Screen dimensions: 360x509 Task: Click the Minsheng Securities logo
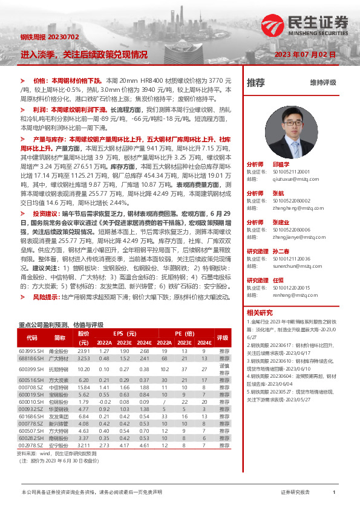(306, 25)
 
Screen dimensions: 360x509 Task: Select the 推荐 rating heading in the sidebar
(256, 82)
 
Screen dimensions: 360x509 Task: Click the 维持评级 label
(322, 82)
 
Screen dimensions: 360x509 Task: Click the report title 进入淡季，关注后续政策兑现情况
(83, 54)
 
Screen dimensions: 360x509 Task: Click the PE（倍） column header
(185, 333)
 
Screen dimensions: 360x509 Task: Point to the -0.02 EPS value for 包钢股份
(104, 401)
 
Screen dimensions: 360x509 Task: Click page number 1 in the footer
(334, 493)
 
